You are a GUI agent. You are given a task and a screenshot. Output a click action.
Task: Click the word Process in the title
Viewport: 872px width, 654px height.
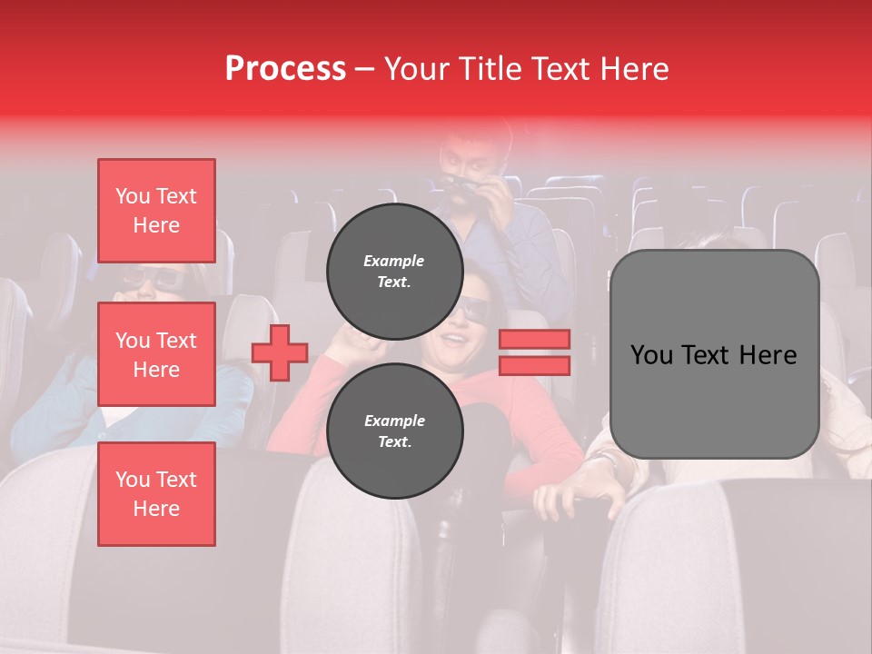[285, 69]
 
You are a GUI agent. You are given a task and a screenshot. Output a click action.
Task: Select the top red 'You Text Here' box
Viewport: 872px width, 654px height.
[156, 211]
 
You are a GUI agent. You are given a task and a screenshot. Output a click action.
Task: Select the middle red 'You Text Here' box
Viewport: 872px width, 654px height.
[156, 354]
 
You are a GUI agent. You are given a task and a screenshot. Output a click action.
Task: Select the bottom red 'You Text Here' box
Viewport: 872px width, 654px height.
[156, 494]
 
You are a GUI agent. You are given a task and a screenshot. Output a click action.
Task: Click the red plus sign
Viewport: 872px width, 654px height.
[280, 352]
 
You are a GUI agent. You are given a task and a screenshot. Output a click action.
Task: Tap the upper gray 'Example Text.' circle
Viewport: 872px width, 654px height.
[394, 271]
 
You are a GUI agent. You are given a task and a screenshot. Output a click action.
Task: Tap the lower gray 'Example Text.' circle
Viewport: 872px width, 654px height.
[394, 431]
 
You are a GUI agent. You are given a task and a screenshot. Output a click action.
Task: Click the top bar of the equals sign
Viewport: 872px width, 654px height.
[534, 339]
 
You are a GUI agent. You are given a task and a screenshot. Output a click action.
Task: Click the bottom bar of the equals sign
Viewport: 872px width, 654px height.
[534, 365]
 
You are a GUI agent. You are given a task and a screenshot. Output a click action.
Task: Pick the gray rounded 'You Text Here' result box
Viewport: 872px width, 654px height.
[714, 354]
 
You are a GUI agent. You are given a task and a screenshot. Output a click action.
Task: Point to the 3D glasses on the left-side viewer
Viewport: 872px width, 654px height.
[145, 278]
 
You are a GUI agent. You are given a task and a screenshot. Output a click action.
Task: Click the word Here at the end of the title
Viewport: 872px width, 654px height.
[634, 69]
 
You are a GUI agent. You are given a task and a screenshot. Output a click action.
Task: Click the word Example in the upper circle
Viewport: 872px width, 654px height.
[394, 261]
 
